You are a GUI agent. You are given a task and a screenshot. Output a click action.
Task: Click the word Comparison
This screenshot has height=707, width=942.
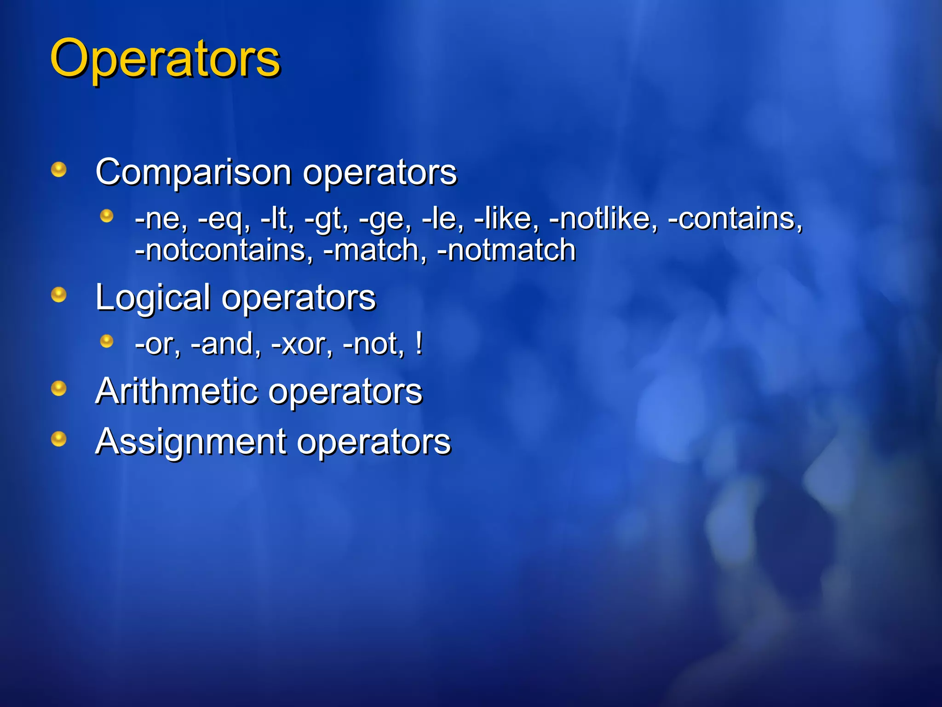(194, 172)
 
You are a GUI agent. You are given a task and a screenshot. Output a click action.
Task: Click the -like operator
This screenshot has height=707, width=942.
(504, 218)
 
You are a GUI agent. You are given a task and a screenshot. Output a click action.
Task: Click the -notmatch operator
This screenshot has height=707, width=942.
(506, 250)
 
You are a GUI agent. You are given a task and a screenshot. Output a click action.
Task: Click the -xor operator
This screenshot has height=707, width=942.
(299, 344)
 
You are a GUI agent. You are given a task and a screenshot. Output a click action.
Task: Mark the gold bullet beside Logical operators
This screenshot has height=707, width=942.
(59, 295)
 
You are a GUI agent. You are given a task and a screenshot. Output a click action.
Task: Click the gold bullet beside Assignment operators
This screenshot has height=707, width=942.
(59, 438)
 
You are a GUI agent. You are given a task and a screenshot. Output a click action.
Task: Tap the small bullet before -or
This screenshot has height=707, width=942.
(107, 341)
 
